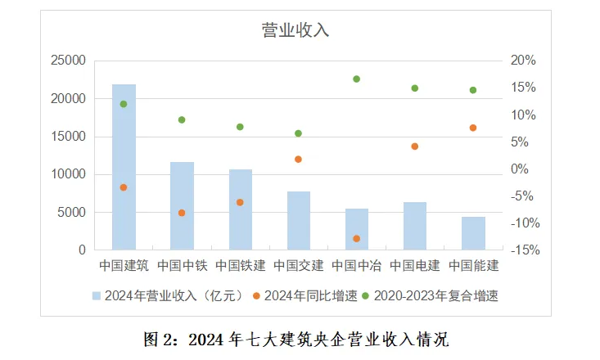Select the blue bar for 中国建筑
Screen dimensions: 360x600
coord(124,167)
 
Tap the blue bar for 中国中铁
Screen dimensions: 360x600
coord(182,206)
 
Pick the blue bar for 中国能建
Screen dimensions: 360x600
coord(473,233)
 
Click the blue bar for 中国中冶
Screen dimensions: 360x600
coord(357,229)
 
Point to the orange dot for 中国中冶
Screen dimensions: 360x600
coord(357,238)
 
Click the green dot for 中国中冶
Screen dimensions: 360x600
coord(357,79)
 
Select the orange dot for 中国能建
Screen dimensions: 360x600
coord(473,128)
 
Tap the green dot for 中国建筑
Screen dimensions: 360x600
coord(124,104)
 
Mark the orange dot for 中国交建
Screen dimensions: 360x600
coord(299,159)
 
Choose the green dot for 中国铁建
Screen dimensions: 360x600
coord(240,127)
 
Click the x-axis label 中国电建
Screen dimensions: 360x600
coord(415,266)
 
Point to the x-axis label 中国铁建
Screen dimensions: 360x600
coord(240,266)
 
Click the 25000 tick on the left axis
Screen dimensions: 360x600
coord(67,61)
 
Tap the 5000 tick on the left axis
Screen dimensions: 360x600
coord(70,213)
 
